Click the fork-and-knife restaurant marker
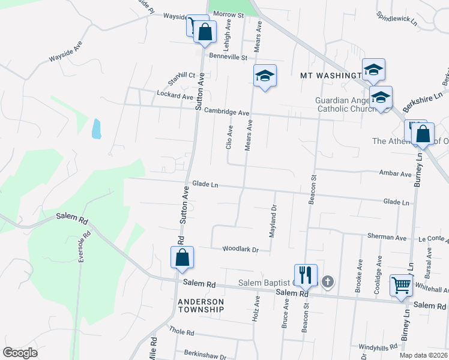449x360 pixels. (x=306, y=275)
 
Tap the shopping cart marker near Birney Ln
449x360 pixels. (x=400, y=286)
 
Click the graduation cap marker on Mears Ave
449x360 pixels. (x=264, y=76)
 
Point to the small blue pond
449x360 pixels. (x=96, y=128)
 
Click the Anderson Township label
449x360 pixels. (x=201, y=305)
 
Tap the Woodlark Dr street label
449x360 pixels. (x=240, y=249)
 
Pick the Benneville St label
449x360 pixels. (x=228, y=58)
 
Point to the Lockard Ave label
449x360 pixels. (x=175, y=95)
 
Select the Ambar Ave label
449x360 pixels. (x=396, y=174)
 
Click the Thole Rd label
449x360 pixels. (x=181, y=331)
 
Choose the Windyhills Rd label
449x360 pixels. (x=378, y=347)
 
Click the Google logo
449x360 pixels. (x=20, y=353)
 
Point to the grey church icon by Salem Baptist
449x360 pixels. (x=327, y=281)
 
